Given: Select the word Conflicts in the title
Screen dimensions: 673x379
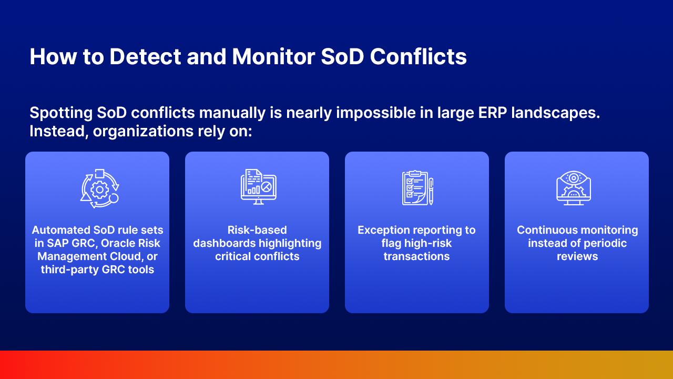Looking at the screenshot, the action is [419, 57].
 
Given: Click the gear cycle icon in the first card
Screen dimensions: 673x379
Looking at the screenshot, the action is [99, 188].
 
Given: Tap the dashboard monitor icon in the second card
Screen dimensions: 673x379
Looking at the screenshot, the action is [258, 187].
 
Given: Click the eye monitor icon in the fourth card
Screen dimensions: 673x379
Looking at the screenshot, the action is [574, 187].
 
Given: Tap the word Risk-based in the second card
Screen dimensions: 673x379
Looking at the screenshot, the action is [257, 230].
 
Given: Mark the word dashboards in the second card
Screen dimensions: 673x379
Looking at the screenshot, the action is [225, 243].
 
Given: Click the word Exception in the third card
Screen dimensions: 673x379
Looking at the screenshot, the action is [383, 230].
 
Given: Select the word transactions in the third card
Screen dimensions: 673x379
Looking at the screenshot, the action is [416, 256].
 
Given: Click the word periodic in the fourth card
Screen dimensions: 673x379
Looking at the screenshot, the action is [605, 243].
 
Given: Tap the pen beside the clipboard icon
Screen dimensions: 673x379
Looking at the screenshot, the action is [431, 191].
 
